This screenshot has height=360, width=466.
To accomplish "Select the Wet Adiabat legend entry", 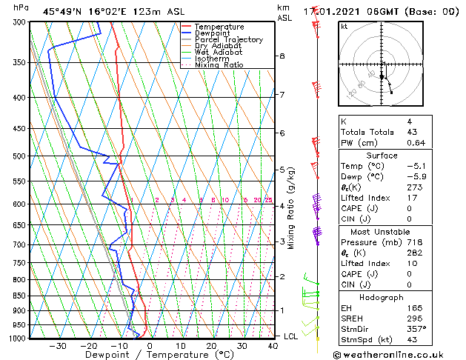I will click(218, 53).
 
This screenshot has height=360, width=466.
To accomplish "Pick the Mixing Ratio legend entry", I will click(219, 65).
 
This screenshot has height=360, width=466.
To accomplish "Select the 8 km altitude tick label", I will click(282, 56).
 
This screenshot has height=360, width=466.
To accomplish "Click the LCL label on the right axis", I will click(292, 336).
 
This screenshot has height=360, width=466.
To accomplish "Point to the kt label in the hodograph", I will click(344, 27).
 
